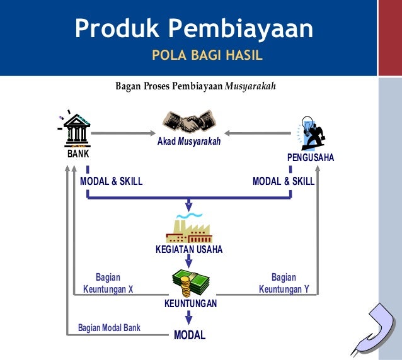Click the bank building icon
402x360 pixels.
pyautogui.click(x=77, y=130)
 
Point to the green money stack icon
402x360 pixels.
pyautogui.click(x=190, y=283)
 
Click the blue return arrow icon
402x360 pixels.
pyautogui.click(x=376, y=328)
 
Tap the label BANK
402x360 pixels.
pyautogui.click(x=79, y=153)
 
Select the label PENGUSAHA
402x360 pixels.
pyautogui.click(x=311, y=157)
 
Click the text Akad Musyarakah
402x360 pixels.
pyautogui.click(x=189, y=142)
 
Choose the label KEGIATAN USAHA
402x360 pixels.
pyautogui.click(x=189, y=250)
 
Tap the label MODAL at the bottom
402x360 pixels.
pyautogui.click(x=190, y=335)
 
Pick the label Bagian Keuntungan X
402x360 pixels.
pyautogui.click(x=108, y=283)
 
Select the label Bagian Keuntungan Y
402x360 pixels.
pyautogui.click(x=284, y=283)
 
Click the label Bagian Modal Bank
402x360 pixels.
pyautogui.click(x=109, y=328)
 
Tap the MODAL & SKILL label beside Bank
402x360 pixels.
pyautogui.click(x=112, y=181)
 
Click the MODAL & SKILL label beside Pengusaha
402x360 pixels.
pyautogui.click(x=284, y=181)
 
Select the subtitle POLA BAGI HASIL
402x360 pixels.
pyautogui.click(x=207, y=57)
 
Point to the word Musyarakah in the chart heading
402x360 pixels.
pyautogui.click(x=251, y=86)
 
